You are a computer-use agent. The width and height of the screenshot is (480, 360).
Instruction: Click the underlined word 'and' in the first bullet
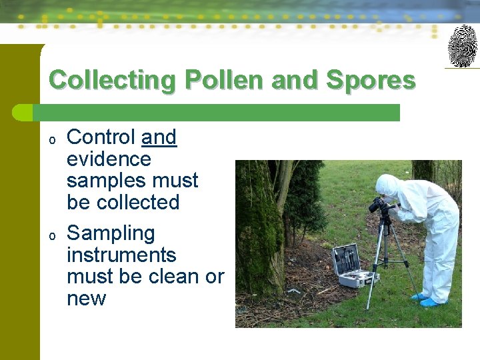click(159, 137)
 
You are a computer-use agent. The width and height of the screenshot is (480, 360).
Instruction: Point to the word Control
click(101, 137)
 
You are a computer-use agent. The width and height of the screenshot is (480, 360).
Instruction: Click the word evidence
click(109, 159)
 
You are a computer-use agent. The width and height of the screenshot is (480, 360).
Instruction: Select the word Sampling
click(111, 233)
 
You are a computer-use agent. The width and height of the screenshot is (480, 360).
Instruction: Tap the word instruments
click(121, 255)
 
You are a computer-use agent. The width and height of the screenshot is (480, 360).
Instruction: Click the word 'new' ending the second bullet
click(86, 298)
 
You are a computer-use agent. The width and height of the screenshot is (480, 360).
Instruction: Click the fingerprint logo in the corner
click(462, 45)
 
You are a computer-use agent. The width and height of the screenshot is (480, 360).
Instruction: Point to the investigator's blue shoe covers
click(427, 299)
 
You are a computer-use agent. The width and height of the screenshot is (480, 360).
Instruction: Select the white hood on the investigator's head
click(387, 185)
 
